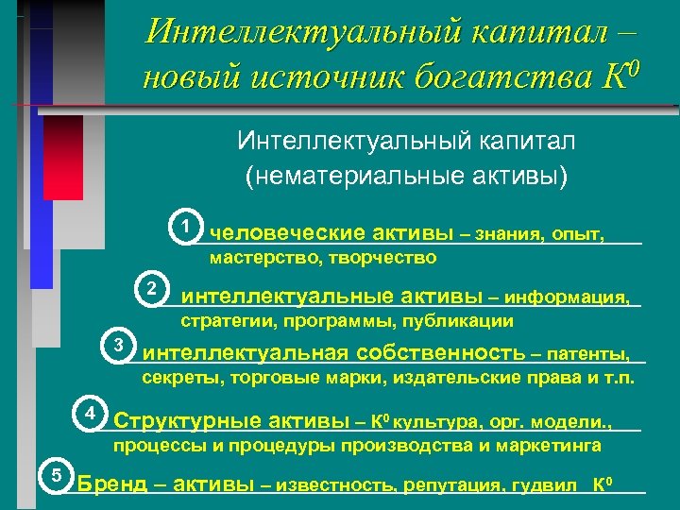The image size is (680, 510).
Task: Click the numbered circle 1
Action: coord(188,228)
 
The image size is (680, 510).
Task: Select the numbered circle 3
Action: coord(119,345)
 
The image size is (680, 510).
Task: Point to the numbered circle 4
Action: coord(89,415)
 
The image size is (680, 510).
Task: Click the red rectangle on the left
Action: coord(63,157)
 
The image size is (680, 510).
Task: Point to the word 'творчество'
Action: coord(388,257)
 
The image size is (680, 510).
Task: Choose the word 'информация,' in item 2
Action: coord(567,297)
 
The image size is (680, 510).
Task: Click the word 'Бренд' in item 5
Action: coord(111,484)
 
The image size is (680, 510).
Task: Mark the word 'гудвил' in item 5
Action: coord(551,485)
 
